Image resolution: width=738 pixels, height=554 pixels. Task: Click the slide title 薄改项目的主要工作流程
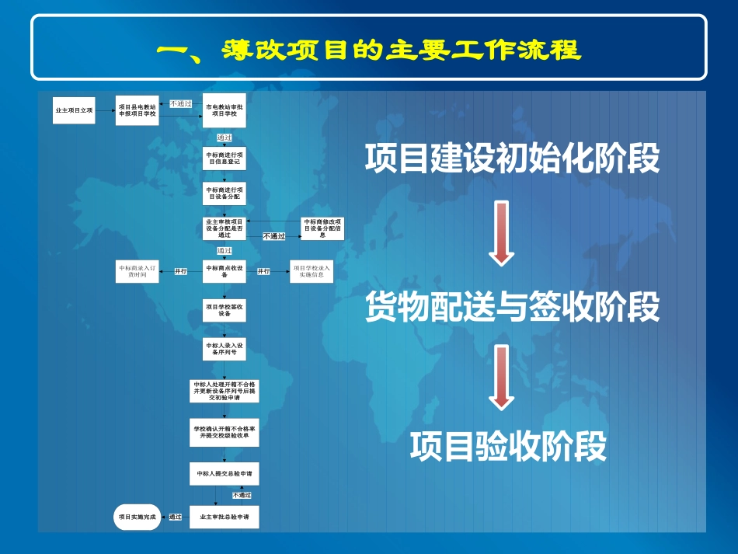pos(368,50)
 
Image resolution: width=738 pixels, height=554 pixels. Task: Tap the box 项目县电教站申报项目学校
pos(138,111)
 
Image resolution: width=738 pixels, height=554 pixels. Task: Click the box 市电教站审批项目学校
pos(225,111)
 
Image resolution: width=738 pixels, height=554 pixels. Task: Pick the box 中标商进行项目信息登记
pos(225,158)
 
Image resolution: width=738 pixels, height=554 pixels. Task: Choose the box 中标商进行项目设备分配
pos(225,193)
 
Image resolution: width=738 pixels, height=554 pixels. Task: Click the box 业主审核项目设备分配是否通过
pos(225,228)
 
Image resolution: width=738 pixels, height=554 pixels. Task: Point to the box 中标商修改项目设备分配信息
pos(322,228)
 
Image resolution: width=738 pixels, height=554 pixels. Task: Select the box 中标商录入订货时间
pos(138,271)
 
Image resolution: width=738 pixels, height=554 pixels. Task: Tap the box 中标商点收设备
pos(225,271)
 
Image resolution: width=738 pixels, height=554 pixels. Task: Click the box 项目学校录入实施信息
pos(312,271)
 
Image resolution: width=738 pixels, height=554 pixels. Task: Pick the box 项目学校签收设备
pos(225,311)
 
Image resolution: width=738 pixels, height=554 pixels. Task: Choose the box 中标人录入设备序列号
pos(225,348)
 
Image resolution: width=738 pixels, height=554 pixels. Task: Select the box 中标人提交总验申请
pos(225,472)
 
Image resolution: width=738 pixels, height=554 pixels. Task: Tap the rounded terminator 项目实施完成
pos(138,517)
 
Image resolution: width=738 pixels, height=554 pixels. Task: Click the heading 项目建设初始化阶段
pos(512,159)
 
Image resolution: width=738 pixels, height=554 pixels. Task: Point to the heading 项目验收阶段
pos(508,447)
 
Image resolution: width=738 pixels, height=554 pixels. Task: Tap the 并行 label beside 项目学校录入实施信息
pos(264,271)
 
